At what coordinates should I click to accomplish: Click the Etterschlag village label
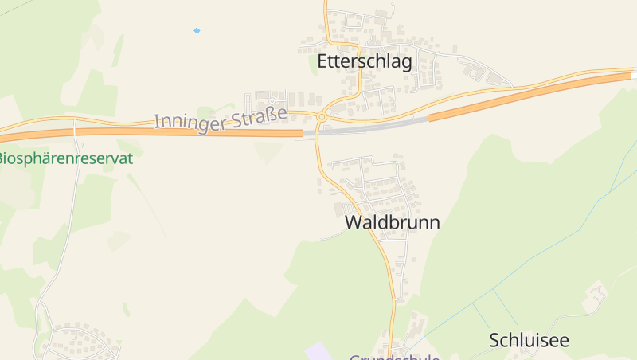point(365,62)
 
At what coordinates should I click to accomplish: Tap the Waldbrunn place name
point(392,223)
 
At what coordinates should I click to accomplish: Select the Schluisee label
point(530,340)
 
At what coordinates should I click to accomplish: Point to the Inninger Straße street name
point(221,119)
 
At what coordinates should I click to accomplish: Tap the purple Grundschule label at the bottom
point(395,356)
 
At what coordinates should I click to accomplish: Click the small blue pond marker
point(197,31)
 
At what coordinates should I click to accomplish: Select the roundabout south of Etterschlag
point(322,117)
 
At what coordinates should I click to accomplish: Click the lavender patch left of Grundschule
point(318,351)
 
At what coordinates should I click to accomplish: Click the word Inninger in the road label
point(187,122)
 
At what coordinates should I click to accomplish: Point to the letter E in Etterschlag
point(322,62)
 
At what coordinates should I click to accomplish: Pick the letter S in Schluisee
point(494,340)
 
